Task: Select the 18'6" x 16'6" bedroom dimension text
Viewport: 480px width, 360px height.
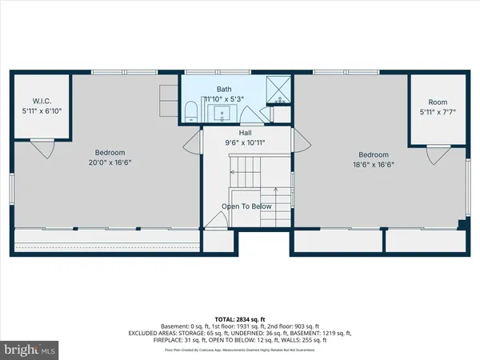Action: click(374, 165)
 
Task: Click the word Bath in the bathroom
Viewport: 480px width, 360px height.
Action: click(223, 90)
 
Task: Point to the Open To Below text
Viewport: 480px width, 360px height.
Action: click(247, 206)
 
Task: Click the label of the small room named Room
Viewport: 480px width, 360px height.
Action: click(438, 102)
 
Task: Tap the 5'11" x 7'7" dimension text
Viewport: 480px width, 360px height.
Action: click(437, 113)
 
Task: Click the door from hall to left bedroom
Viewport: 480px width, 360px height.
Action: click(191, 143)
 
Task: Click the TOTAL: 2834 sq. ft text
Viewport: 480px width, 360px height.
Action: click(239, 318)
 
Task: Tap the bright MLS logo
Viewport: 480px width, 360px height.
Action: click(30, 350)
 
